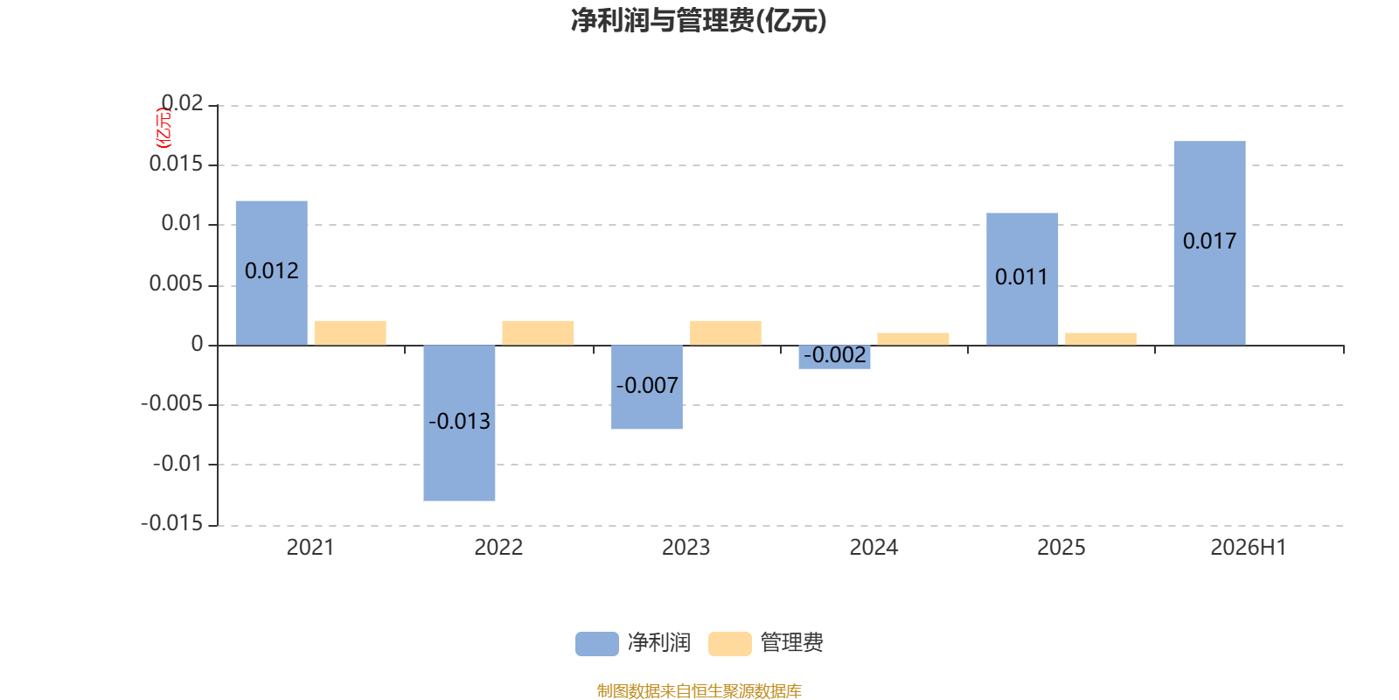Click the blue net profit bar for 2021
(272, 273)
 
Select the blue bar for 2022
(459, 423)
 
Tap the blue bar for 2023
(647, 387)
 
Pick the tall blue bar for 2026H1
(1210, 243)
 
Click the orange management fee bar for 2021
(351, 333)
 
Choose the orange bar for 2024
(913, 339)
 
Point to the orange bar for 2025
(1101, 339)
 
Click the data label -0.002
(834, 355)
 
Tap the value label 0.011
(1021, 276)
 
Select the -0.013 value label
(459, 421)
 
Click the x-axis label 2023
(686, 548)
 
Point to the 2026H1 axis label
(1249, 548)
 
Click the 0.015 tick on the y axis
(176, 164)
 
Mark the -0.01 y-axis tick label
(178, 464)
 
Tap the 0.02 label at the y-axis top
(183, 103)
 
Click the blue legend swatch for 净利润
(597, 644)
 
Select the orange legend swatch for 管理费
(729, 644)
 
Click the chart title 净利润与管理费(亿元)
(699, 21)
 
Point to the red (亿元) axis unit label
(164, 128)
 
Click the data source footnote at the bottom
(699, 690)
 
